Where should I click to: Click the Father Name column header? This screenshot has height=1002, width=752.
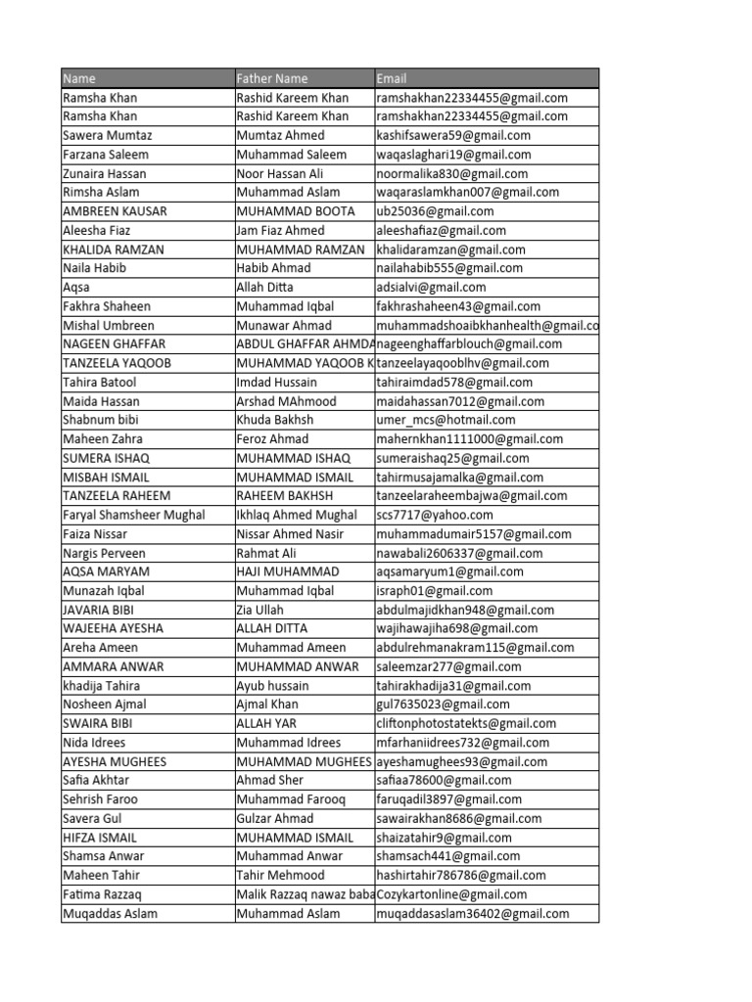tap(272, 78)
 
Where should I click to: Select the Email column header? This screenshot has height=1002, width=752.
tap(392, 78)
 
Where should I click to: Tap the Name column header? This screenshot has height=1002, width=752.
tap(79, 78)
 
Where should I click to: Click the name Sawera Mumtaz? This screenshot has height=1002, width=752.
tap(107, 135)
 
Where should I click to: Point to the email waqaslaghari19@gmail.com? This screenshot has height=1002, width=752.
tap(453, 155)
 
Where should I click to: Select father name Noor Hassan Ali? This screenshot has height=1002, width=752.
tap(280, 173)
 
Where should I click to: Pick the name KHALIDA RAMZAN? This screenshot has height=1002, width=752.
tap(113, 250)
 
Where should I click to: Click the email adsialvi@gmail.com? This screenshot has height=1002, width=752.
tap(431, 287)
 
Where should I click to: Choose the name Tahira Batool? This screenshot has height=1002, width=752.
tap(100, 382)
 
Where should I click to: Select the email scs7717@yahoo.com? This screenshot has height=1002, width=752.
tap(435, 515)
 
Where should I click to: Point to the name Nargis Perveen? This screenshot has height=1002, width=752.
tap(104, 553)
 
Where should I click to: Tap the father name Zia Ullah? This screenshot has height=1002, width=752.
tap(259, 610)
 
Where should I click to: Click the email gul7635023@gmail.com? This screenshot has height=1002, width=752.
tap(443, 705)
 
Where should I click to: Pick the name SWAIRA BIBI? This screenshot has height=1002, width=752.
tap(97, 723)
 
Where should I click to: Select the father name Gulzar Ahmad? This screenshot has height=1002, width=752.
tap(275, 818)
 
